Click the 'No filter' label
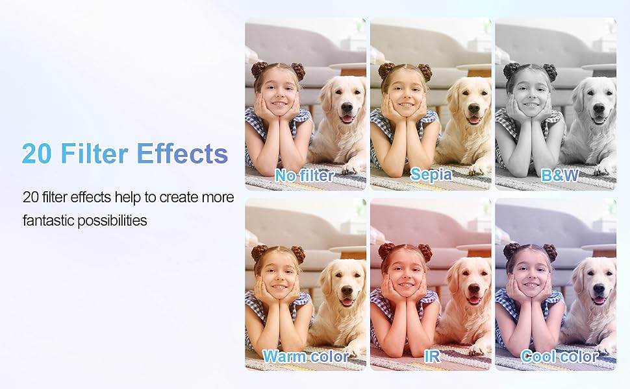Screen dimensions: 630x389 (304, 176)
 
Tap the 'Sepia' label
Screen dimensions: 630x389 (431, 174)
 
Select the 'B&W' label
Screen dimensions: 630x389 (560, 175)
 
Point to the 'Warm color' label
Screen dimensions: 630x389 (306, 356)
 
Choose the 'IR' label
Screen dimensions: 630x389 (432, 356)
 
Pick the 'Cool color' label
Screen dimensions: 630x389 (560, 356)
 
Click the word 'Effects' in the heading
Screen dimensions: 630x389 (182, 153)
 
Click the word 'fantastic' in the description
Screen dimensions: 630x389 (48, 220)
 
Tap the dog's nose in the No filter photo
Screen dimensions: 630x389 (347, 108)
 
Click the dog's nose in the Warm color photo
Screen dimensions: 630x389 (347, 289)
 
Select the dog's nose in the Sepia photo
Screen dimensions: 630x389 (473, 108)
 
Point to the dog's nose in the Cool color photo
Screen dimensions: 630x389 (599, 289)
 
